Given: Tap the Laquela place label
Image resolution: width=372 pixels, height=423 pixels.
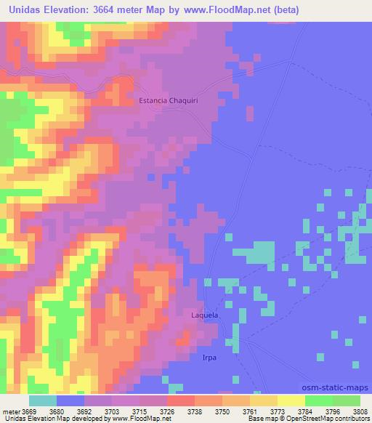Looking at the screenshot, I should click(204, 316).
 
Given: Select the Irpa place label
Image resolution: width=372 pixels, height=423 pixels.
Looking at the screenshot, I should click(209, 358).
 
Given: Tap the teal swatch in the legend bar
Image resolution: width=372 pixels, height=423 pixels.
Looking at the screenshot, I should click(43, 400).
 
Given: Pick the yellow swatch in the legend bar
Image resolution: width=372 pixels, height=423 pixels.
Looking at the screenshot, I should click(291, 400).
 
